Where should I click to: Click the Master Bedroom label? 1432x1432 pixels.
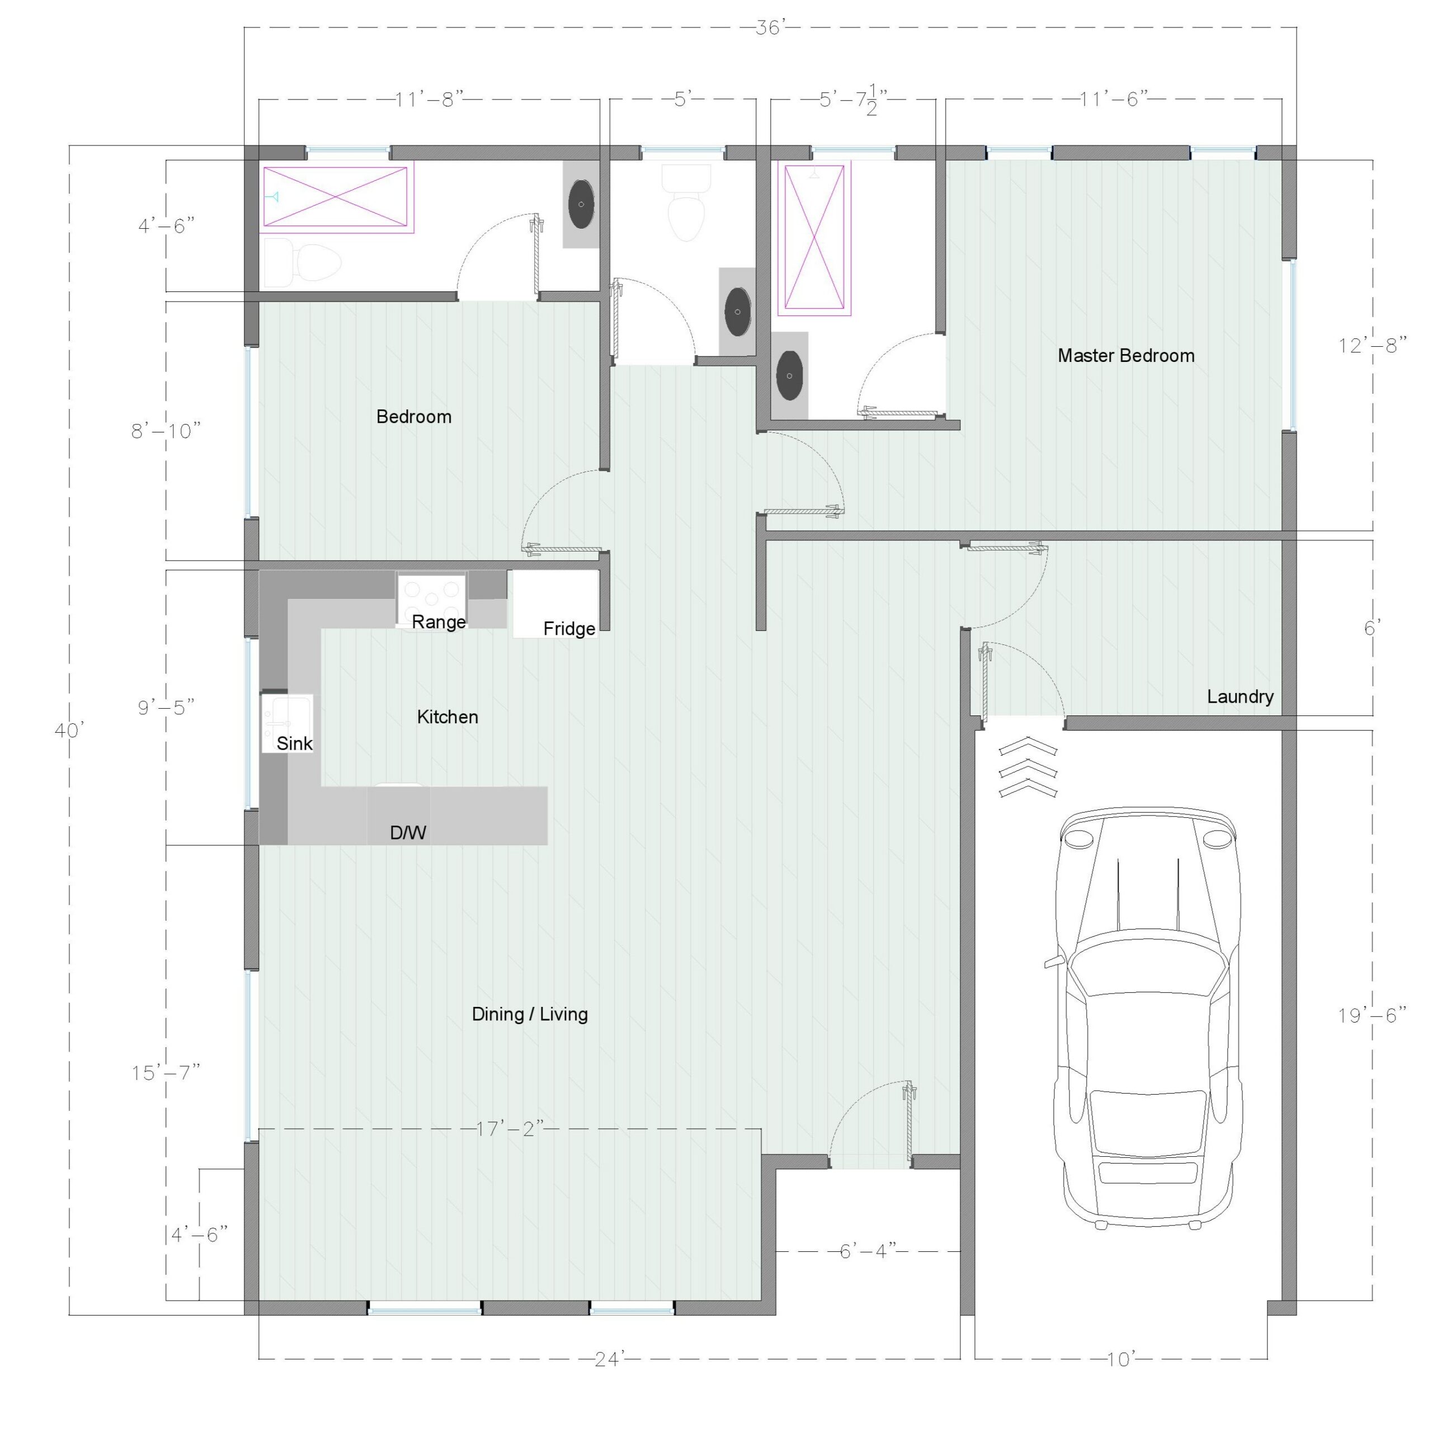[x=1126, y=356]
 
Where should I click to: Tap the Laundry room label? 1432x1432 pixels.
[x=1240, y=697]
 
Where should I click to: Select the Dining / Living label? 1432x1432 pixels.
[x=530, y=1014]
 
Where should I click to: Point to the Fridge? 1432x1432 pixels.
[x=556, y=604]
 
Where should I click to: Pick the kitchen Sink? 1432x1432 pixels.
[x=287, y=723]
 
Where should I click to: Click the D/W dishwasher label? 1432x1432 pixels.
[x=408, y=833]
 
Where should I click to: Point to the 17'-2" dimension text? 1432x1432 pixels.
[x=510, y=1129]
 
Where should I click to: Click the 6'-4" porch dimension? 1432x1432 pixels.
[x=868, y=1252]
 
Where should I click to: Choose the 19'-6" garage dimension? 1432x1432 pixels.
[x=1372, y=1015]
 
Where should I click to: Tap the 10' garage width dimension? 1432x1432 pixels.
[x=1120, y=1359]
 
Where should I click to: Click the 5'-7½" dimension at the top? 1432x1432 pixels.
[x=853, y=100]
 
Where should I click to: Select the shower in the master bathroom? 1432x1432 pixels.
[x=814, y=237]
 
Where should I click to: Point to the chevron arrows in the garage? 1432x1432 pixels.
[x=1028, y=767]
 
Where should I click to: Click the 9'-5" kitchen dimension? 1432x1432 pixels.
[x=166, y=707]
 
